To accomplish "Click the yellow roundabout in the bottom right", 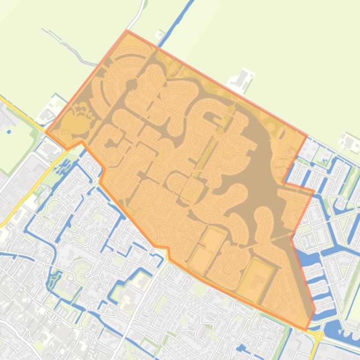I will coord(319,336).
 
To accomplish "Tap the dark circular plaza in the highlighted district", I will coord(132,85).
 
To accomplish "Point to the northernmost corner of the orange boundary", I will coord(127,30).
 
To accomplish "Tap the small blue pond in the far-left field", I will coord(9,119).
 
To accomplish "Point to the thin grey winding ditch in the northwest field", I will coord(70,47).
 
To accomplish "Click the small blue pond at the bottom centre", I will coord(242,348).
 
